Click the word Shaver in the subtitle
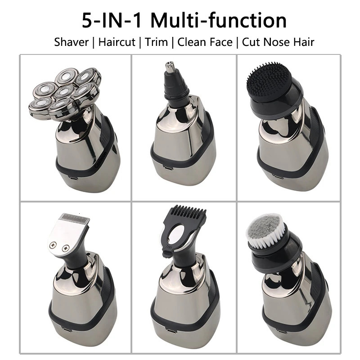pyautogui.click(x=71, y=42)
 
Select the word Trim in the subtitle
pyautogui.click(x=157, y=42)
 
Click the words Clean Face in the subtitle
pyautogui.click(x=205, y=42)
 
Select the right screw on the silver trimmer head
pyautogui.click(x=67, y=247)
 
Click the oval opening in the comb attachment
pyautogui.click(x=179, y=235)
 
